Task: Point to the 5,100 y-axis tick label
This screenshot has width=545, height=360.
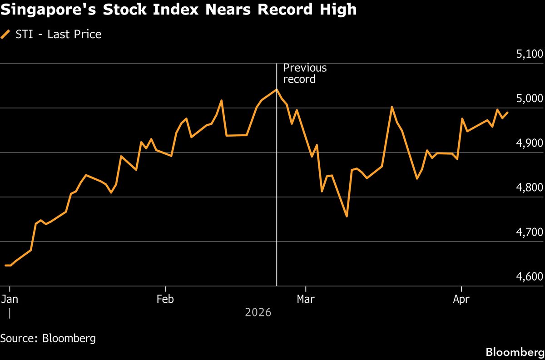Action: pyautogui.click(x=530, y=54)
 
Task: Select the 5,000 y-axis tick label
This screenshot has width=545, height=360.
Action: pyautogui.click(x=530, y=99)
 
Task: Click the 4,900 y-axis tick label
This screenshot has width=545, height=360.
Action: pyautogui.click(x=530, y=143)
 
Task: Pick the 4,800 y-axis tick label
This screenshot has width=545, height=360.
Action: pyautogui.click(x=530, y=188)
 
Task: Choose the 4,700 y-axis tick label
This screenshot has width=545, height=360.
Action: pyautogui.click(x=530, y=232)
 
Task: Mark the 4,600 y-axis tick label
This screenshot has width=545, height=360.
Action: pyautogui.click(x=530, y=277)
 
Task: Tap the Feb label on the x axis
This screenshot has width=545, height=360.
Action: pyautogui.click(x=165, y=299)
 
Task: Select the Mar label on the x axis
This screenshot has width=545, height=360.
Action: pyautogui.click(x=306, y=299)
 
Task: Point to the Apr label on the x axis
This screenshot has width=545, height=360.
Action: pyautogui.click(x=461, y=299)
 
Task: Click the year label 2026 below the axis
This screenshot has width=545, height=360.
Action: pyautogui.click(x=258, y=313)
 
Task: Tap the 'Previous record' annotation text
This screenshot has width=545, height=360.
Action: pyautogui.click(x=305, y=74)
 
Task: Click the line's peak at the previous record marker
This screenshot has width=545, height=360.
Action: pyautogui.click(x=277, y=89)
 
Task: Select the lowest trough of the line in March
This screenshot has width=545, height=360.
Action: pyautogui.click(x=347, y=216)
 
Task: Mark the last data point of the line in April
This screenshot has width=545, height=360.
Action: pyautogui.click(x=508, y=113)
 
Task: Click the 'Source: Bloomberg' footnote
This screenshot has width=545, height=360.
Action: pyautogui.click(x=48, y=338)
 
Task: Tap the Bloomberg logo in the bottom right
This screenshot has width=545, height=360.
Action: pyautogui.click(x=515, y=352)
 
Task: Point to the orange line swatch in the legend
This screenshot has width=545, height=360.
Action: pyautogui.click(x=6, y=34)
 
